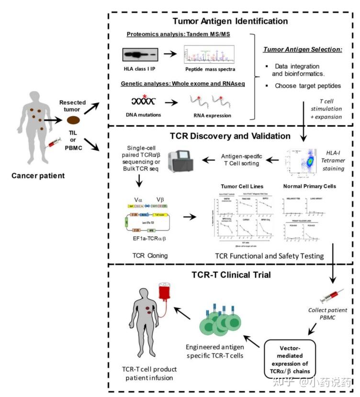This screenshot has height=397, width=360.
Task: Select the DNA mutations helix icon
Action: [143, 101]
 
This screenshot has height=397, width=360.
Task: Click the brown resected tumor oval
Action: [73, 121]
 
